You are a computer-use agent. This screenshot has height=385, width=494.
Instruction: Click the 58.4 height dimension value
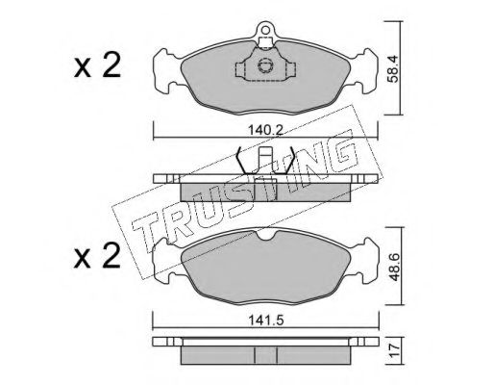[392, 69]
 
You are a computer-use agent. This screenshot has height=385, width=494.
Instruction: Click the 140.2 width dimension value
[265, 131]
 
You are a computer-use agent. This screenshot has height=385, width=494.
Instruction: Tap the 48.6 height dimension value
[393, 268]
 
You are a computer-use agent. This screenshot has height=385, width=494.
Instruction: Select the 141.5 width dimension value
[266, 321]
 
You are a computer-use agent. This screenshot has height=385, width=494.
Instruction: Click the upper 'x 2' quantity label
[97, 65]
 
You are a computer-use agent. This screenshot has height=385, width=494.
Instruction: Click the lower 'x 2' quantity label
[97, 256]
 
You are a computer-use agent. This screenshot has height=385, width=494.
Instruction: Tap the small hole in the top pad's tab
[265, 30]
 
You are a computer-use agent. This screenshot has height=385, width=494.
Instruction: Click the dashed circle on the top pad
[265, 65]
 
